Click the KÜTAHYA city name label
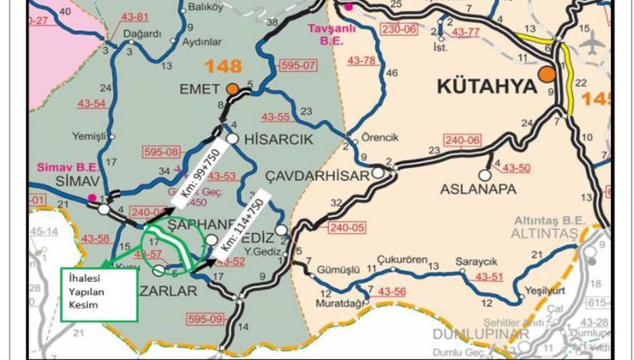[486, 87]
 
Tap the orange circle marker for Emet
[232, 87]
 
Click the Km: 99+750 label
[201, 182]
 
